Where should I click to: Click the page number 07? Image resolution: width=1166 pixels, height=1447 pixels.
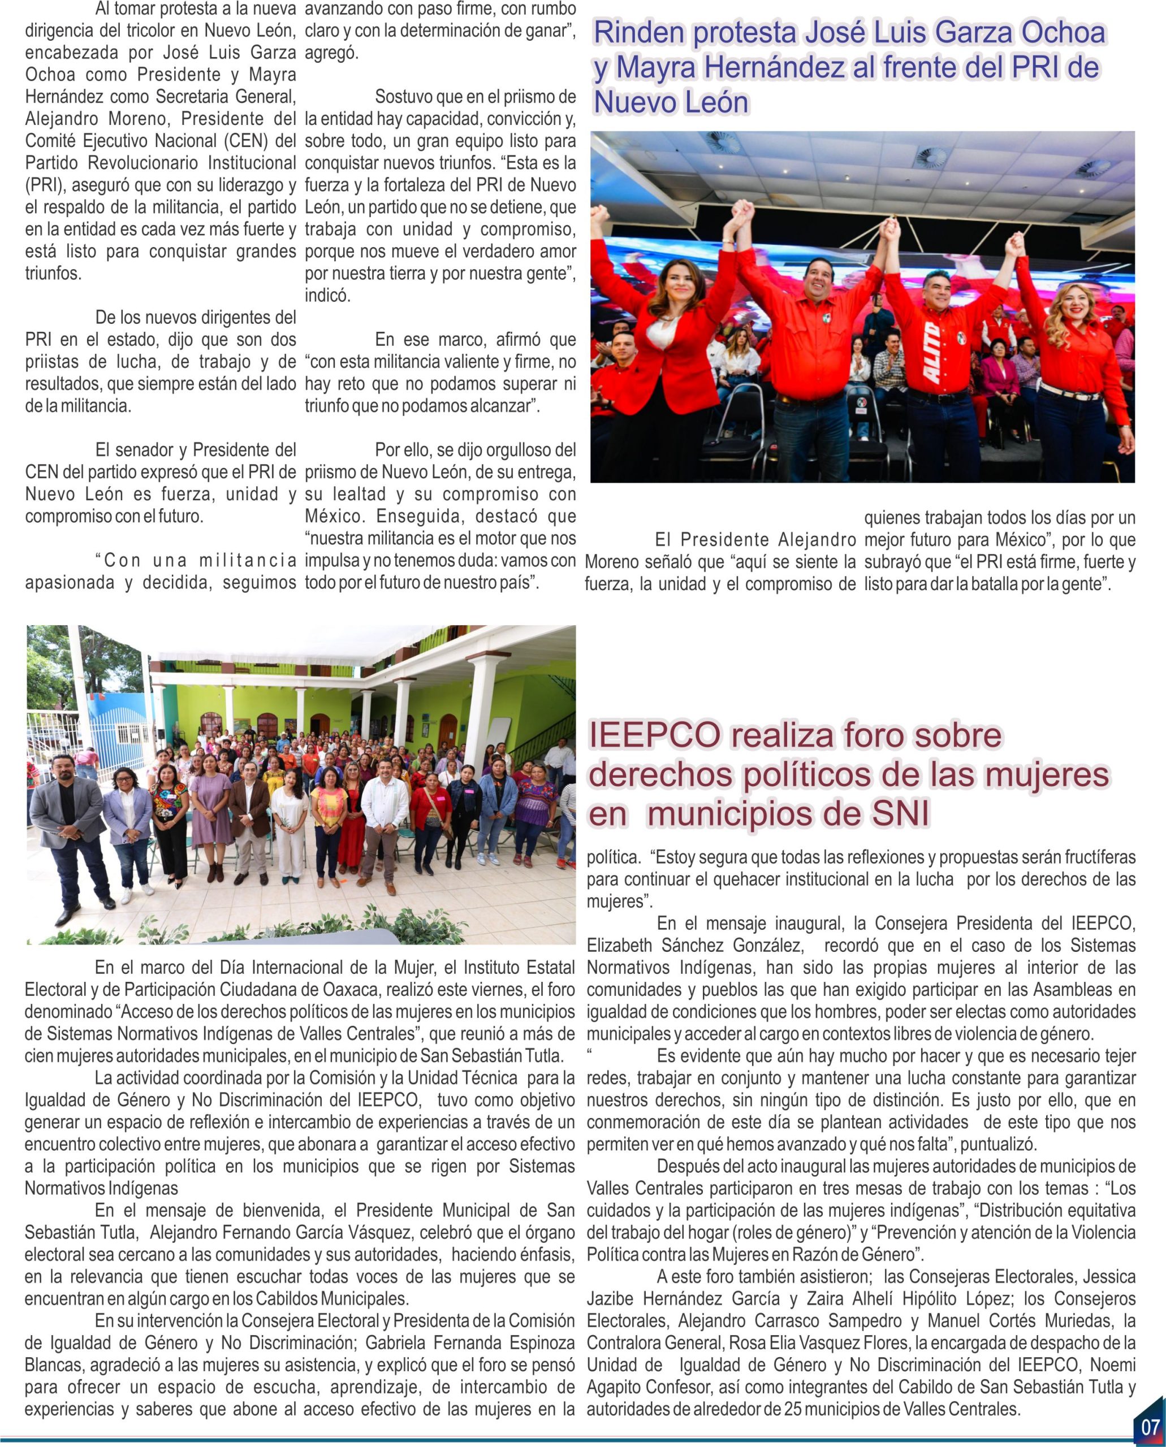point(1150,1426)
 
